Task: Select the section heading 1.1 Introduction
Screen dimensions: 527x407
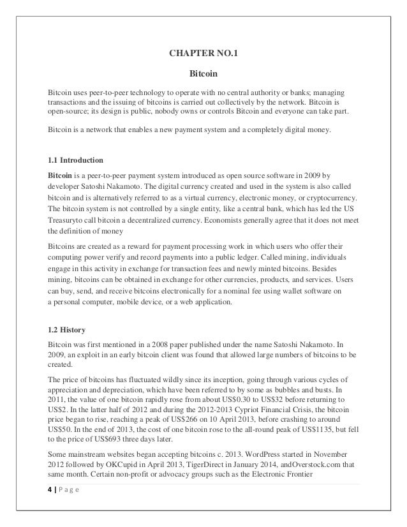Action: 75,159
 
